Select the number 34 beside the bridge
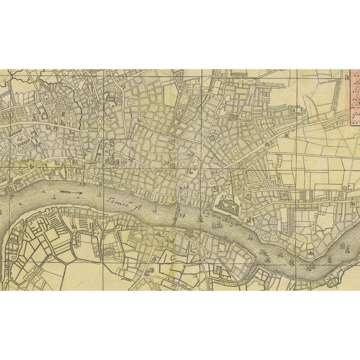pyautogui.click(x=182, y=214)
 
